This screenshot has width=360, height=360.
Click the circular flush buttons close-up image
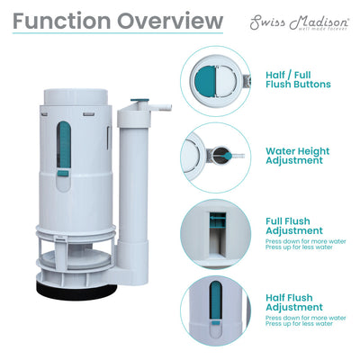pos(215,78)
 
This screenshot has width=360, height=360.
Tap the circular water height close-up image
pos(215,155)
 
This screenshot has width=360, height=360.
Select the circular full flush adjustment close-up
pos(215,231)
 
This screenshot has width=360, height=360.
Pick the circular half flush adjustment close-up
pos(215,309)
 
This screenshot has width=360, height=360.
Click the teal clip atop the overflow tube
pos(139,101)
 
